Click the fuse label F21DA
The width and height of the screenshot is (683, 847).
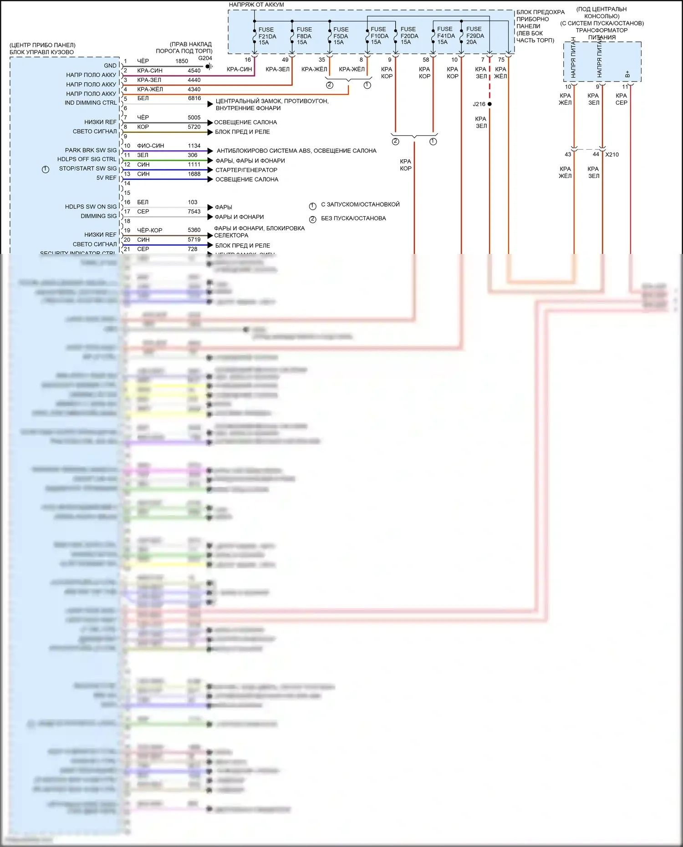pyautogui.click(x=267, y=36)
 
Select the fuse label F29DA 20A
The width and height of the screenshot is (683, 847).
pyautogui.click(x=475, y=36)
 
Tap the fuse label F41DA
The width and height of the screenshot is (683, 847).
pyautogui.click(x=446, y=36)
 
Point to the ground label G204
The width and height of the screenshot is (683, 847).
pyautogui.click(x=205, y=58)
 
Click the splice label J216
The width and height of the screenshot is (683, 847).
pyautogui.click(x=479, y=104)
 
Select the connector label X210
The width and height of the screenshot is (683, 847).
pyautogui.click(x=612, y=155)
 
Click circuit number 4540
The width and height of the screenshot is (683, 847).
pyautogui.click(x=194, y=71)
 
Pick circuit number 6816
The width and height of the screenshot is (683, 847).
pyautogui.click(x=194, y=98)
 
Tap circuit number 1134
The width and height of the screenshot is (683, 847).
pyautogui.click(x=194, y=146)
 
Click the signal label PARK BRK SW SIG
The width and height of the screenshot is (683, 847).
pyautogui.click(x=91, y=150)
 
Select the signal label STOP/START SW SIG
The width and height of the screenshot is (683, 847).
pyautogui.click(x=88, y=168)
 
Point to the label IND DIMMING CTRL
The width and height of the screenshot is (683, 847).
pyautogui.click(x=91, y=103)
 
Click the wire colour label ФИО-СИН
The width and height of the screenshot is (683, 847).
pyautogui.click(x=150, y=146)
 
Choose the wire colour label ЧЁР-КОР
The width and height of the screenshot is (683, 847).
pyautogui.click(x=149, y=230)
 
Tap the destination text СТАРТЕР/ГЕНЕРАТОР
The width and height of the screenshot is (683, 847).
pyautogui.click(x=246, y=170)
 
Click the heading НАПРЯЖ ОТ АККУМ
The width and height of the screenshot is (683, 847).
pyautogui.click(x=256, y=5)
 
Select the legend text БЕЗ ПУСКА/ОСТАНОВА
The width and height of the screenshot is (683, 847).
pyautogui.click(x=353, y=218)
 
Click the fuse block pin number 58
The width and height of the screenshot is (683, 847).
pyautogui.click(x=426, y=60)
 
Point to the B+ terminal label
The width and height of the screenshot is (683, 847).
pyautogui.click(x=627, y=73)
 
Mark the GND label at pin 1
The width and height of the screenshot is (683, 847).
pyautogui.click(x=110, y=66)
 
